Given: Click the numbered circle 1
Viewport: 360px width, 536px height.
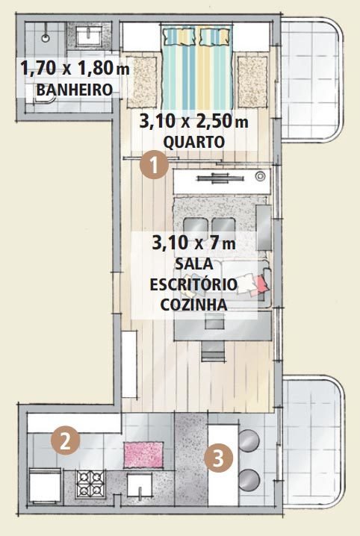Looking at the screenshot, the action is point(154,164).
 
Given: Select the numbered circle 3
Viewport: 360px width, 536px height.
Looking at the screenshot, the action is point(219,458).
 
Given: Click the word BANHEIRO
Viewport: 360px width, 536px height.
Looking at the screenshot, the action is point(75,90).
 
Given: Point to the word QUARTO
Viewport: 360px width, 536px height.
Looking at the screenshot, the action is point(194,142).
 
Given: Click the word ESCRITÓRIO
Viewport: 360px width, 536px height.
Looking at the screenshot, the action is point(193,284).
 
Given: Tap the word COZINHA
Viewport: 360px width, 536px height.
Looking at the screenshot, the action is point(194,305).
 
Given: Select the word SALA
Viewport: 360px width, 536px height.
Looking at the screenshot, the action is point(194,264).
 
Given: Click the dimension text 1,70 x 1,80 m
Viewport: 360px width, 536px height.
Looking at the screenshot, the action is point(75,68).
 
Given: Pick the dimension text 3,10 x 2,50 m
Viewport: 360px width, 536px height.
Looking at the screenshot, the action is point(194,122).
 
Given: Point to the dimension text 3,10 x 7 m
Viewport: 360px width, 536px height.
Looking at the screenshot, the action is point(194,243).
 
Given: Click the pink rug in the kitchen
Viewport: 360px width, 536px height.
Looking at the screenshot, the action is point(143,455).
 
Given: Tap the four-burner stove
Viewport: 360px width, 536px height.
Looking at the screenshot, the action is point(90,483).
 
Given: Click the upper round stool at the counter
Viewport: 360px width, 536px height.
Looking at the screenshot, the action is point(249,440).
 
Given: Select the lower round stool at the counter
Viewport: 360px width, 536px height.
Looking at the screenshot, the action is point(249,480).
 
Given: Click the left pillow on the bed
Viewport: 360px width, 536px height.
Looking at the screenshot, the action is point(179,37).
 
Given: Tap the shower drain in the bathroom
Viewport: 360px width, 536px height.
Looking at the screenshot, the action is point(46,37).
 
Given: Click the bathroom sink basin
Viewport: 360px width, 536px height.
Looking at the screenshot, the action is point(89,37).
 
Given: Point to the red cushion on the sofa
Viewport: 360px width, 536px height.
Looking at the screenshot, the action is point(262,284).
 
